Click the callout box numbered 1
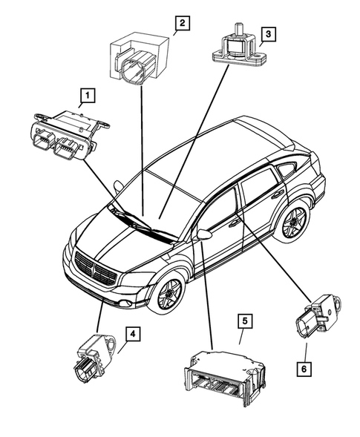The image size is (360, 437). pos(88,95)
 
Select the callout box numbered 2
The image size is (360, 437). pos(180,24)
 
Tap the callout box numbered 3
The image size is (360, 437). pos(269,33)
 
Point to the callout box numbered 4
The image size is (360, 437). pos(131,335)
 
